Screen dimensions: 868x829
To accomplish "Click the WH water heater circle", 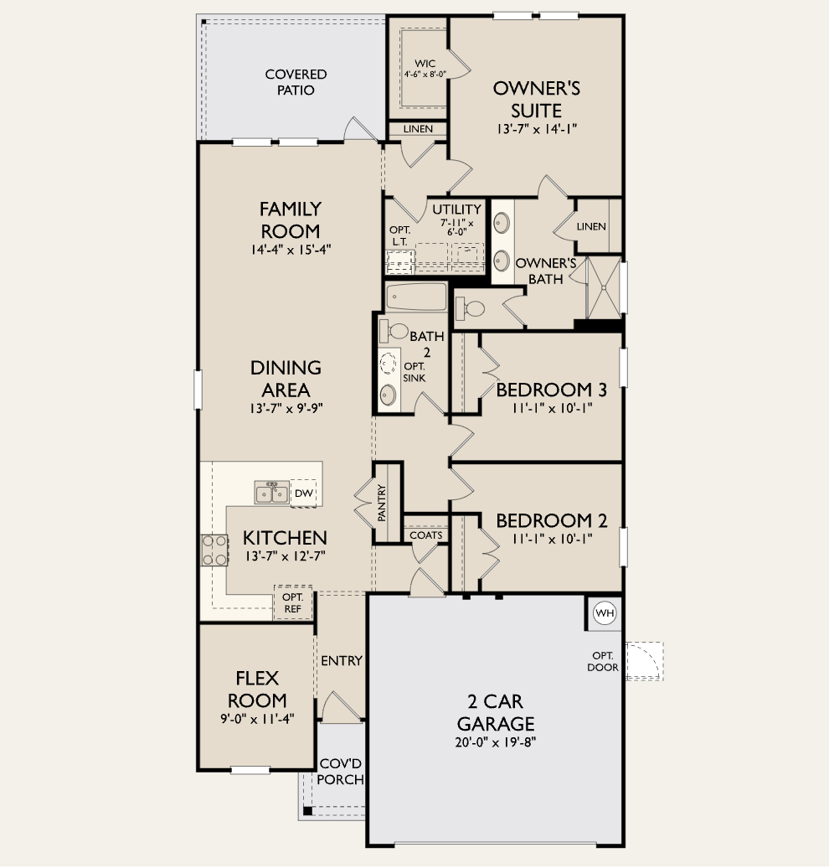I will coord(605,613).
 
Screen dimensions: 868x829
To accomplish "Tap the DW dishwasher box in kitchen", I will coord(302,493).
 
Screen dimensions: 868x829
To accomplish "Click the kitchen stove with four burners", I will coord(214,550).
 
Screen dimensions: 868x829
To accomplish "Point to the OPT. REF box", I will coord(292,603).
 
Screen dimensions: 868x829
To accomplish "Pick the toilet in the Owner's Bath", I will coord(471,308).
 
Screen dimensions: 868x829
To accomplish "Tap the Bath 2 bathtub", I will coord(416,297).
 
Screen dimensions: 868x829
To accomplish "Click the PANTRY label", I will coord(382,503).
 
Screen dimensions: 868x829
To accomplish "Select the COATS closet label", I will coord(426,535).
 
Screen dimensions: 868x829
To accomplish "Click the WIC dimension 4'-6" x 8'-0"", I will coord(425,74).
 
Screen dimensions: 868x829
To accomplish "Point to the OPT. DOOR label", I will coord(604,661).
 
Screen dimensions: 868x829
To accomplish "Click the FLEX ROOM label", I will coord(256,689).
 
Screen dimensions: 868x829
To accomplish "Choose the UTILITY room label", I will coord(456,209).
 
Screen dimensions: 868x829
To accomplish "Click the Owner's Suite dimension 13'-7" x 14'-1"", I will coord(536,129).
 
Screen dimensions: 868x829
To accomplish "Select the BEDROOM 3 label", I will coord(551,390).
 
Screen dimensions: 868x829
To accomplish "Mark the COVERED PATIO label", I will coord(296,81).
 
